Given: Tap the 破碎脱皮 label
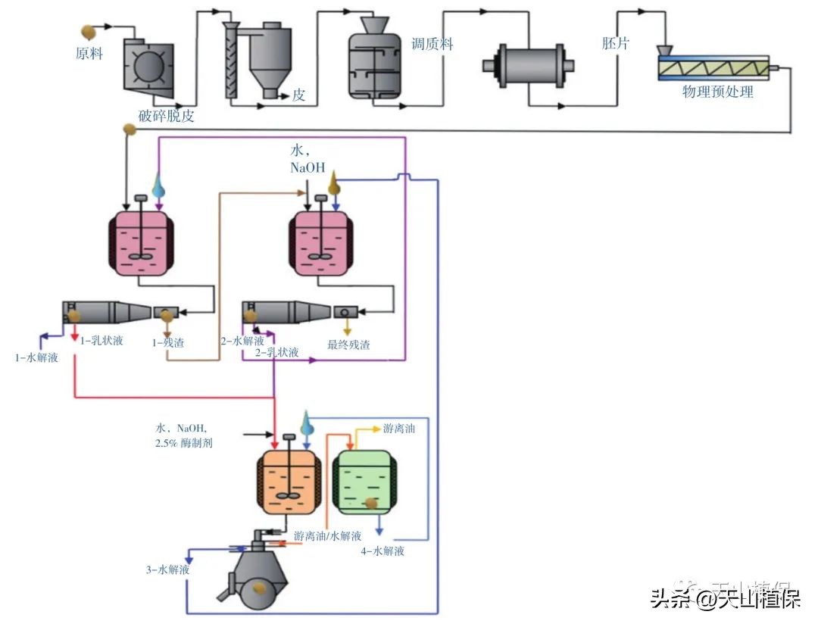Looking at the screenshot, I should pos(167,116).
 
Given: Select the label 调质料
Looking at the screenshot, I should pos(432,45).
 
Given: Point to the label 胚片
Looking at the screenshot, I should pos(615,44).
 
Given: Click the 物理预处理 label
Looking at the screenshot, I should pos(717,92).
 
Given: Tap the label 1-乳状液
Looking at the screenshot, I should pos(101,342).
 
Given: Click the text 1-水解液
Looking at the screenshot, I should pos(36,357).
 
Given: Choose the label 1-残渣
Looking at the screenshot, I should pos(168,342).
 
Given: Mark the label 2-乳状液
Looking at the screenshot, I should pos(276,353).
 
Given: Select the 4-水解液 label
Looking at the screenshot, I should pos(382,551).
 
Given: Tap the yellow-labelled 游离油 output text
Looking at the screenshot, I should pos(398,429).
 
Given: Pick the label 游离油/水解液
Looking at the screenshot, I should pos(328,536).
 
